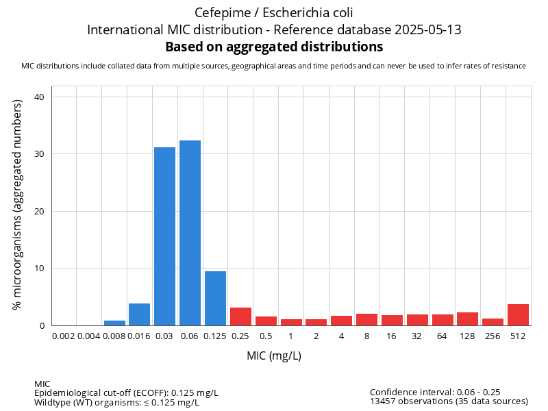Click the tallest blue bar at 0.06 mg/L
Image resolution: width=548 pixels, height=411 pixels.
[190, 233]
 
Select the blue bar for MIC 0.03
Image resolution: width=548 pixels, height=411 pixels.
[164, 236]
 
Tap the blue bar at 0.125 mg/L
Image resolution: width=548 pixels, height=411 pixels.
[215, 298]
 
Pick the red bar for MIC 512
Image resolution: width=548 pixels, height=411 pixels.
[518, 314]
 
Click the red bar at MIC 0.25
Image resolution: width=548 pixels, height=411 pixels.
[240, 316]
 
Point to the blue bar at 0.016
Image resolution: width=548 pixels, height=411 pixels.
[139, 314]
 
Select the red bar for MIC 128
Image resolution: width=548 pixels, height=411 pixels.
[467, 319]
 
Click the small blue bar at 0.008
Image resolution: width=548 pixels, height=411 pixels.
[114, 323]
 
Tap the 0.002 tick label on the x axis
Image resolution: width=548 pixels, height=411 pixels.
[64, 336]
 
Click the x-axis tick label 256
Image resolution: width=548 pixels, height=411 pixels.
[493, 336]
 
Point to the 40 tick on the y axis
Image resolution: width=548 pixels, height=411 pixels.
[39, 97]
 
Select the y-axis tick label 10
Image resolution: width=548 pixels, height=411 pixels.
[39, 268]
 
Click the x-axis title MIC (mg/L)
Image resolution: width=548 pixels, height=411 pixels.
[274, 356]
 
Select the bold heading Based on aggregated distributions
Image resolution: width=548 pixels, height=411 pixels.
[274, 47]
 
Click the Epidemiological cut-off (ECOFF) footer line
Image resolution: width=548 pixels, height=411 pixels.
[126, 393]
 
